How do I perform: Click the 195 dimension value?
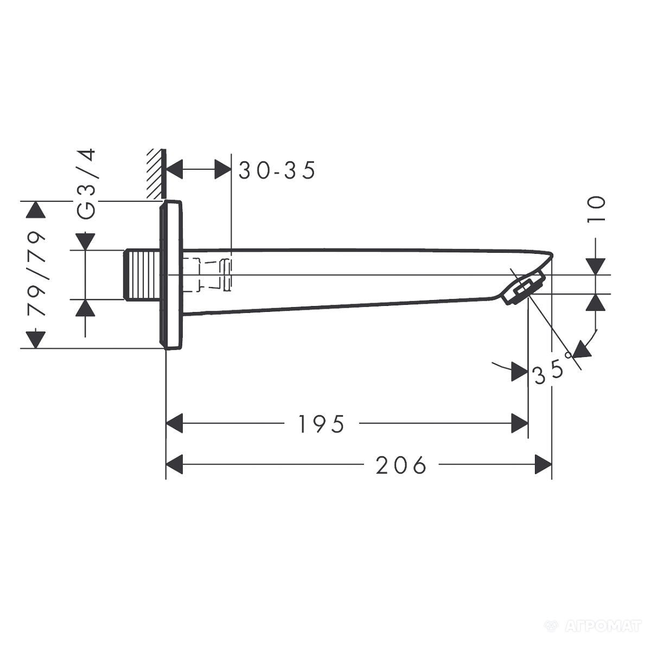(x=321, y=424)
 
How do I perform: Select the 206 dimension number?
(x=401, y=465)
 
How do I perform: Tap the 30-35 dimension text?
(x=277, y=170)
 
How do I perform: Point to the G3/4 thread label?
(x=86, y=184)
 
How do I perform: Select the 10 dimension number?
(x=596, y=209)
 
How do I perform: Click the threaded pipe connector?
(x=143, y=275)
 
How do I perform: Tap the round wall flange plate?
(x=170, y=275)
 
